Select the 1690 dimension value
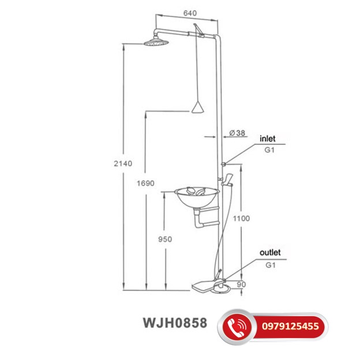tap(147, 183)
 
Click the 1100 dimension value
tap(242, 219)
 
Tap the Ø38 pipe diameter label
tap(237, 133)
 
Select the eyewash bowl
tap(197, 198)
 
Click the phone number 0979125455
tap(294, 327)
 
